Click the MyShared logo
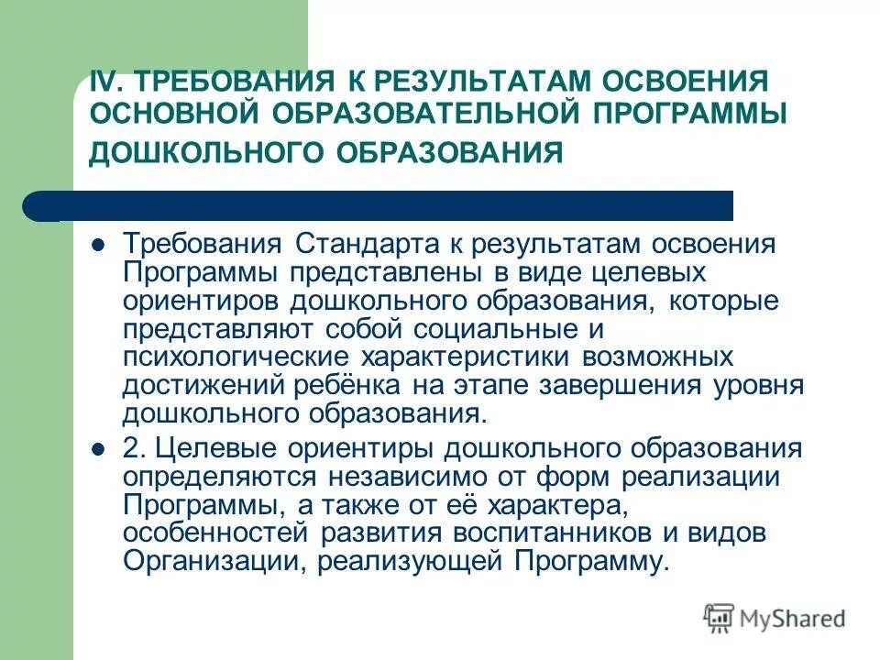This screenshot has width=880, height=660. coord(774,619)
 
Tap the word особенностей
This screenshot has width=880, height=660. coord(221,533)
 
